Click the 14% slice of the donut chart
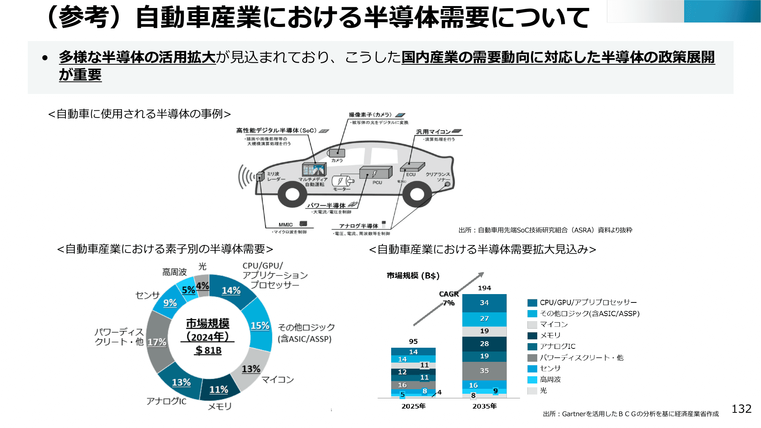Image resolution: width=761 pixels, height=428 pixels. click(x=231, y=291)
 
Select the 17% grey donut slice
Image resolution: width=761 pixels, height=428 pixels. click(x=157, y=342)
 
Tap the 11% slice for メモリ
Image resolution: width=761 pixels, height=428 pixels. click(x=219, y=390)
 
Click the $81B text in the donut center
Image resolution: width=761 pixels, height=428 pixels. click(x=208, y=350)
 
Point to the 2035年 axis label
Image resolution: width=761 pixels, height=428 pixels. click(x=484, y=406)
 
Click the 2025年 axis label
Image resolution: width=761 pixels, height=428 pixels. click(x=413, y=406)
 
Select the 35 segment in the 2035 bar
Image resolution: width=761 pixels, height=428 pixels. click(x=484, y=371)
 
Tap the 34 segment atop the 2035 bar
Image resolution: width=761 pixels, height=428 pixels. click(x=484, y=303)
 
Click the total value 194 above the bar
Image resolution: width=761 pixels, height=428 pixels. click(x=484, y=288)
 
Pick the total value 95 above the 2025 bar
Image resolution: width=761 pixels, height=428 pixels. click(x=413, y=341)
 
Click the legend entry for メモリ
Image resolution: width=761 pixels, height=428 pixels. click(x=550, y=335)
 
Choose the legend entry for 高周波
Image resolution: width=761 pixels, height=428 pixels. click(x=550, y=379)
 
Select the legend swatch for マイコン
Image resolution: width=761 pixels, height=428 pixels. click(x=532, y=325)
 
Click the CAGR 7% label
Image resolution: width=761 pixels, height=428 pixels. click(x=449, y=298)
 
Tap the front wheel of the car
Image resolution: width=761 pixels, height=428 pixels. click(x=292, y=194)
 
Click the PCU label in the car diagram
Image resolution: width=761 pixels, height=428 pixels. click(x=377, y=183)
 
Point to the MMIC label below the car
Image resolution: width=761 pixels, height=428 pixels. click(x=285, y=225)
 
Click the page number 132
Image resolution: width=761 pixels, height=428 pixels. click(x=741, y=409)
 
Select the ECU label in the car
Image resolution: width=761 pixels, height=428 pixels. click(x=411, y=175)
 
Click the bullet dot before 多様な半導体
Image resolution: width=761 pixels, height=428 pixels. click(x=45, y=58)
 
